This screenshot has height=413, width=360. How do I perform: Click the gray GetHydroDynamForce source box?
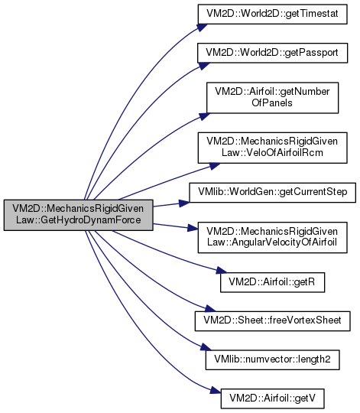coord(79,215)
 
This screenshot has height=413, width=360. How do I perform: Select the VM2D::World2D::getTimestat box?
coord(272,14)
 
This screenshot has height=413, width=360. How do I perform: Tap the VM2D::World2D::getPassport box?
coord(272,53)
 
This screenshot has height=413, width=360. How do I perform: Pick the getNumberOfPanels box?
coord(272,98)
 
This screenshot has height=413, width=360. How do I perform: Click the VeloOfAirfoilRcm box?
coord(272,148)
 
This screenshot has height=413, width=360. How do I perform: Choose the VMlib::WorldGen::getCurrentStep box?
coord(272,193)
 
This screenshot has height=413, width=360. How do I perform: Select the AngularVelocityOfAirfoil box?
coord(272,237)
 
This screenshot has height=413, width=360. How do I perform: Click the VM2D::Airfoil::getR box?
coord(272,282)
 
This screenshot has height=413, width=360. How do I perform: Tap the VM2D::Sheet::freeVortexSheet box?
coord(272,321)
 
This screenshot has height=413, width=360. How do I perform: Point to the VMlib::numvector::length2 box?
coord(272,359)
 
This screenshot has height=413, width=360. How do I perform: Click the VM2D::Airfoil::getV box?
coord(272,398)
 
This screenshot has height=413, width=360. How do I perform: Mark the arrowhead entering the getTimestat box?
coord(202,28)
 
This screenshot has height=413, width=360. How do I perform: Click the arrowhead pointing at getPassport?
coord(203,66)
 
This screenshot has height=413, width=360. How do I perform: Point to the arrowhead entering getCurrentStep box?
coord(184,203)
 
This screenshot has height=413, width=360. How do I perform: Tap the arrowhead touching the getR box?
coord(222,271)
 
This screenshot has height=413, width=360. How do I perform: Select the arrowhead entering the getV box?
coord(216,390)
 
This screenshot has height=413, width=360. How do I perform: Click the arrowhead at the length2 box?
coord(206,347)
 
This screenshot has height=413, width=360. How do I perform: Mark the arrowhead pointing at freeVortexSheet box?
coord(210,308)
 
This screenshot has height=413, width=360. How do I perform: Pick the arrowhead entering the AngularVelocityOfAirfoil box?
coord(193,228)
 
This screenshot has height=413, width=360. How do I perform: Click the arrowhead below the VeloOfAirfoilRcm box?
coord(215,166)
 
